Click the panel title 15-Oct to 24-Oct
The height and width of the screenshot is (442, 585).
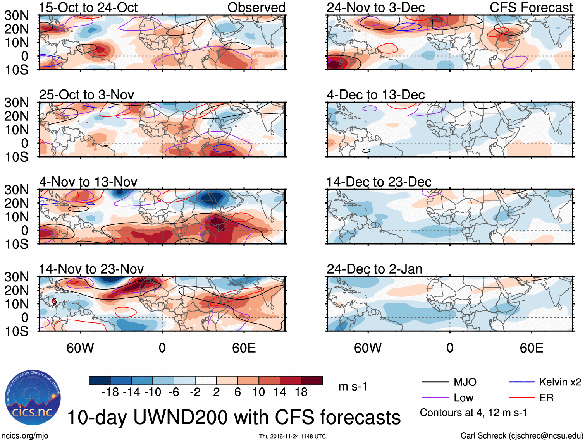pyautogui.click(x=88, y=8)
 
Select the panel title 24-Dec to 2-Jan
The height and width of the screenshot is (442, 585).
pyautogui.click(x=374, y=269)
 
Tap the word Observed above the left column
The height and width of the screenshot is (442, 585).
pyautogui.click(x=256, y=8)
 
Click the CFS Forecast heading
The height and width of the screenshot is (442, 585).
pyautogui.click(x=531, y=8)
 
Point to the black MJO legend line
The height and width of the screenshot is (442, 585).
pyautogui.click(x=435, y=382)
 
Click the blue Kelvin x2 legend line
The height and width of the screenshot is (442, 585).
pyautogui.click(x=521, y=382)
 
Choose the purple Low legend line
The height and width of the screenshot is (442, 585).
pyautogui.click(x=435, y=397)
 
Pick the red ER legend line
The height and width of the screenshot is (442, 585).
pyautogui.click(x=521, y=397)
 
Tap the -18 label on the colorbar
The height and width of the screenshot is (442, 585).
pyautogui.click(x=110, y=392)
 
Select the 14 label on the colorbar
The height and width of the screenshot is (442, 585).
pyautogui.click(x=280, y=392)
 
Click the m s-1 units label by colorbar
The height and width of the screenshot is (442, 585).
pyautogui.click(x=353, y=386)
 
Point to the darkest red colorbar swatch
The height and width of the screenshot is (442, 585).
pyautogui.click(x=312, y=380)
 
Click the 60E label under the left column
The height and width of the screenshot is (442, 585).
pyautogui.click(x=244, y=348)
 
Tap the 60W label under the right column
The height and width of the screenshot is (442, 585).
pyautogui.click(x=368, y=348)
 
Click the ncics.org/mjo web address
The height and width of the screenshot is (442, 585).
pyautogui.click(x=25, y=436)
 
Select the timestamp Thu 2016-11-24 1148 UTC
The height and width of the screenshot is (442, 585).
pyautogui.click(x=292, y=436)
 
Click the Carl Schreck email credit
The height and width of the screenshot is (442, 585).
pyautogui.click(x=521, y=436)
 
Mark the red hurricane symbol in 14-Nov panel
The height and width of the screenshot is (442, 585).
pyautogui.click(x=54, y=302)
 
